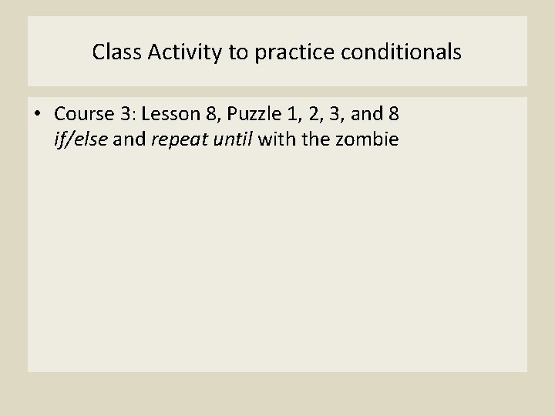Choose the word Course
pos(84,115)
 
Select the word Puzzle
pos(253,115)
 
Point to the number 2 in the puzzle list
pos(314,115)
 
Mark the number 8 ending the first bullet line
pos(394,115)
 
